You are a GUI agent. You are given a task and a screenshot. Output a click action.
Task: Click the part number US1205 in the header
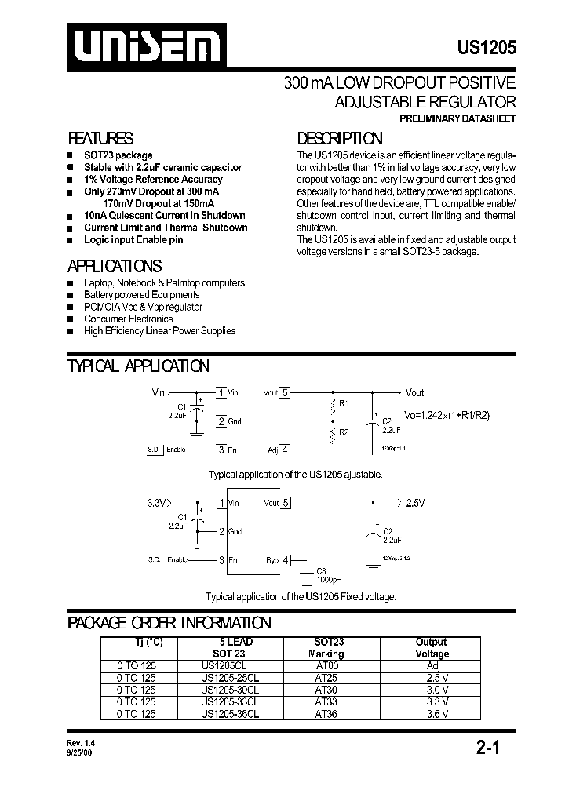[487, 48]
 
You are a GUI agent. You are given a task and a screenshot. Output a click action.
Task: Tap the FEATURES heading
[100, 138]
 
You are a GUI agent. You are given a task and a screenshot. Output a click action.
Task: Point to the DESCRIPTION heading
[340, 138]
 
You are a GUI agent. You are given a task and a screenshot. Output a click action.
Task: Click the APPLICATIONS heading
[115, 266]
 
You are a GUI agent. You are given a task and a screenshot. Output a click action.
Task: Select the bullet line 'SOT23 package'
[118, 155]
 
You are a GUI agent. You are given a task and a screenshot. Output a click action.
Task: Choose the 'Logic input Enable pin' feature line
[133, 239]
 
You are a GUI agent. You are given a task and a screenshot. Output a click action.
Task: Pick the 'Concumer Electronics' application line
[128, 319]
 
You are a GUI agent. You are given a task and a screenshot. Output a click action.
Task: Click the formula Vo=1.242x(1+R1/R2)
[447, 415]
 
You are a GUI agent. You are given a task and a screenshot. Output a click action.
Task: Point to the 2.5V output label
[414, 502]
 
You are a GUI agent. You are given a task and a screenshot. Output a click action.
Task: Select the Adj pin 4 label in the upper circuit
[278, 450]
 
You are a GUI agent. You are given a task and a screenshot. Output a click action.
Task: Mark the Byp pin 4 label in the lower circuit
[277, 560]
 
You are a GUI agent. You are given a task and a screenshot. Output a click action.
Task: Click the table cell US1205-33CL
[229, 701]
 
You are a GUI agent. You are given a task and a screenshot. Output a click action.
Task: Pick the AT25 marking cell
[326, 677]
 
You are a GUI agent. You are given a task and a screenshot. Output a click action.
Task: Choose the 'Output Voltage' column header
[432, 647]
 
